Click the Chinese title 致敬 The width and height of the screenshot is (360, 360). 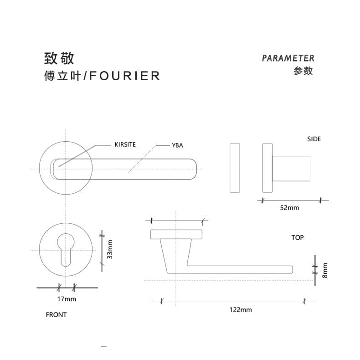59,58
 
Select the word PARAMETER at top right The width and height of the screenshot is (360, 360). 288,58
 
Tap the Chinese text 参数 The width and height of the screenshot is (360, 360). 303,71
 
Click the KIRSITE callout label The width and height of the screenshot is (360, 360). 125,145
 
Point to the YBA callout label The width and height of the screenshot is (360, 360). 177,145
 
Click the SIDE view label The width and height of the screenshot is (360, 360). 314,139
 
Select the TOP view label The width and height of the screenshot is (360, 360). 297,237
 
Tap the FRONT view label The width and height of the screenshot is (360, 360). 56,314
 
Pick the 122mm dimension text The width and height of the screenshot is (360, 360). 240,310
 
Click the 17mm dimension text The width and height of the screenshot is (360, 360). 67,299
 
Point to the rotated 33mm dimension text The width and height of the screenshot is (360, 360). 109,250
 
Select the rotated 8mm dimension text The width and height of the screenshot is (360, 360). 324,270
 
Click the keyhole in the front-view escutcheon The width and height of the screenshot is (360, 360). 66,249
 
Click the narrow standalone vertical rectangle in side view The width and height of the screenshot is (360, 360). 235,168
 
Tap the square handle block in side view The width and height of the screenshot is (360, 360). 291,168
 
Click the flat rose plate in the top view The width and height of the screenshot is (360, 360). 176,234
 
